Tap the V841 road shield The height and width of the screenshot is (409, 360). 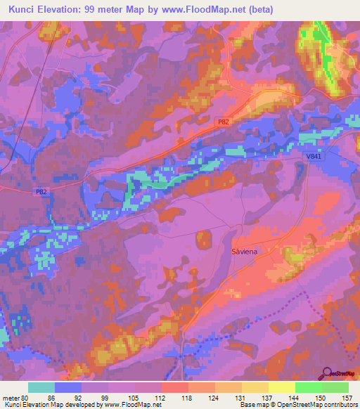(315, 157)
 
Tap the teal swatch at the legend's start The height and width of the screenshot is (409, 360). (41, 387)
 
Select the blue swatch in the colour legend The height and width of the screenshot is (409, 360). (68, 387)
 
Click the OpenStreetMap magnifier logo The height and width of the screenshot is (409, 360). (326, 374)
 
